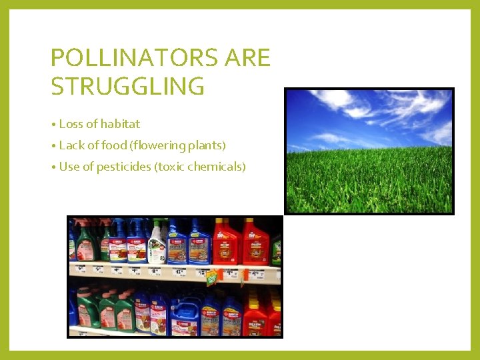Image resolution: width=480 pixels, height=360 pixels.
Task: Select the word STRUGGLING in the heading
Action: click(127, 87)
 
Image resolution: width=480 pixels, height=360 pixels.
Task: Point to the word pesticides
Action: click(124, 167)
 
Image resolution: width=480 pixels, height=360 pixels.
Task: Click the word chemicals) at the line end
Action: click(219, 167)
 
